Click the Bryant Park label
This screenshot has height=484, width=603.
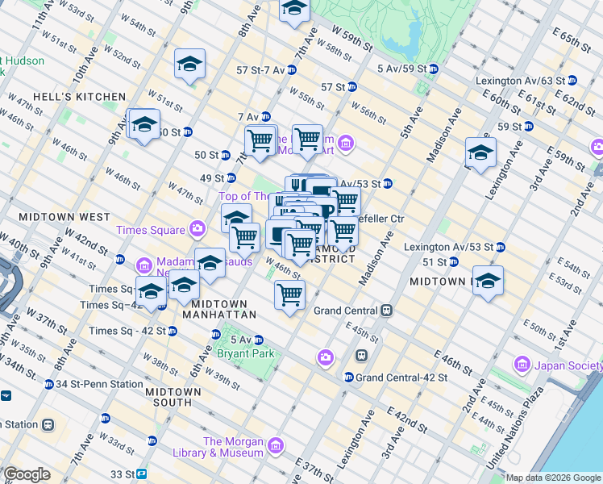245,353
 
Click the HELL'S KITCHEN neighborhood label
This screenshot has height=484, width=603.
91,97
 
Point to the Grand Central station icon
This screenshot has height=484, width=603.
387,311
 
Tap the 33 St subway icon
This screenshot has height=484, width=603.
141,474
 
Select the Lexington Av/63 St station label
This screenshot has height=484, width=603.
526,81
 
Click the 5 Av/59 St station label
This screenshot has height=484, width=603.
401,69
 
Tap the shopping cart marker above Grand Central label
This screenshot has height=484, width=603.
289,294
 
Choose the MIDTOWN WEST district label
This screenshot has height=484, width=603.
64,217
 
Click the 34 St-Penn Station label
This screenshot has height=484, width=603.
91,384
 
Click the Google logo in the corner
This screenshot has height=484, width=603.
27,474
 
